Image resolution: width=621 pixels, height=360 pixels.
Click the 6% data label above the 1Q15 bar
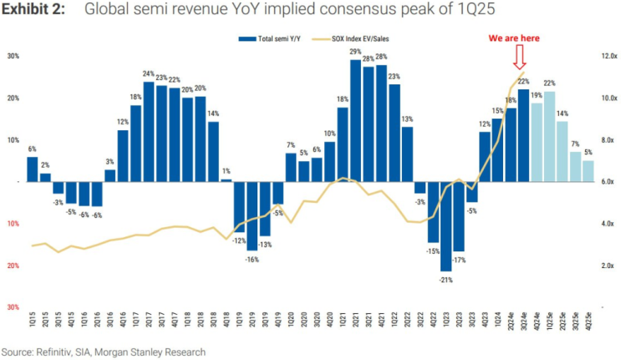33,149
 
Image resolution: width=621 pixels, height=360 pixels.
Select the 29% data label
355,52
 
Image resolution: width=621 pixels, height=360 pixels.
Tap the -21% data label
446,280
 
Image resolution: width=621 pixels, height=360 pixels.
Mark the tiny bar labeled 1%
226,180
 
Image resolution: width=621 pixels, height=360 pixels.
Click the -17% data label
459,261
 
